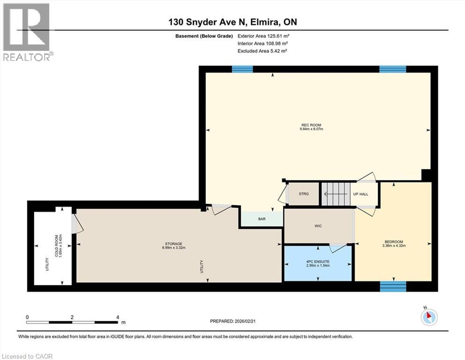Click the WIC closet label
tap(318, 226)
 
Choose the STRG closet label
tap(303, 194)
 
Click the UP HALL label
tap(361, 194)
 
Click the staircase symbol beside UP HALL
tap(335, 194)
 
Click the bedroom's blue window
tap(392, 286)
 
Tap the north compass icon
tap(428, 317)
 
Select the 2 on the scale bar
tap(72, 317)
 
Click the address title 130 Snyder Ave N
tap(232, 22)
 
